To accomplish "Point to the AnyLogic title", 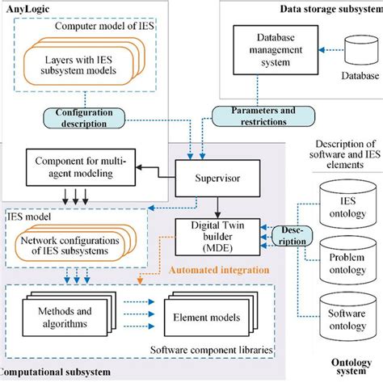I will point(25,10).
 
